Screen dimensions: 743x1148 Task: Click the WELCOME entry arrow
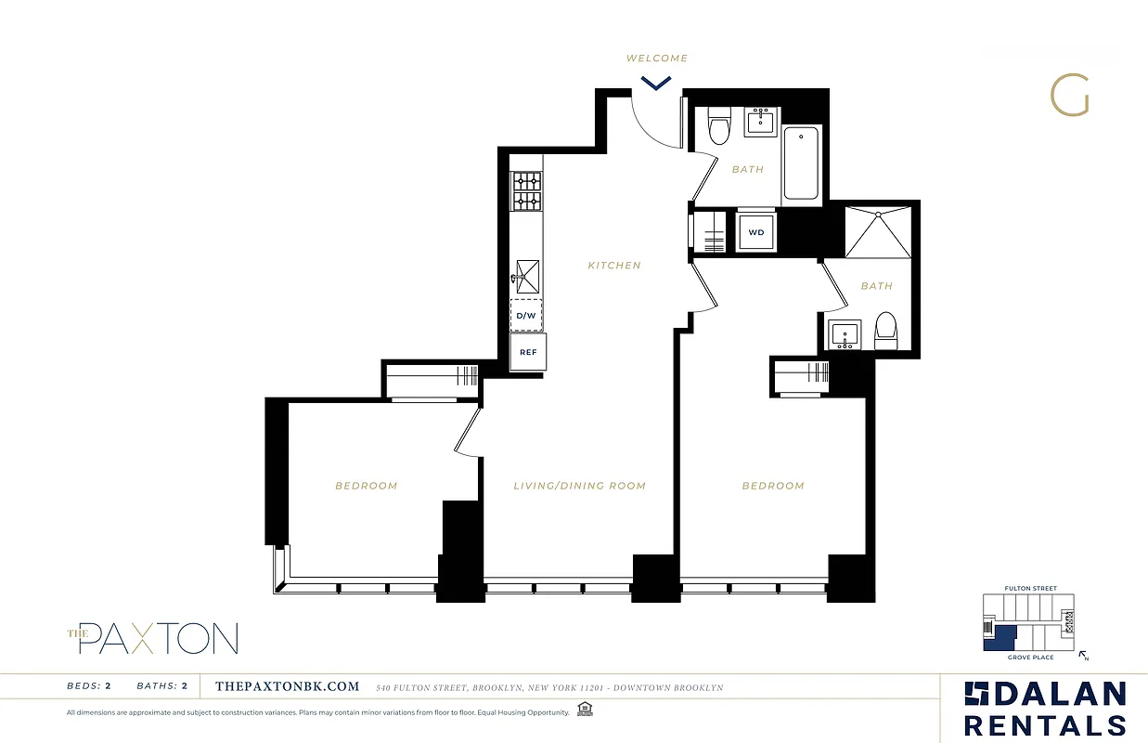point(656,84)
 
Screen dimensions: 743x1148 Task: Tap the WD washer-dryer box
point(756,232)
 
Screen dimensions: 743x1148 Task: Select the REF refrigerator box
point(528,352)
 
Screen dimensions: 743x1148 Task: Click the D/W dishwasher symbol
point(526,316)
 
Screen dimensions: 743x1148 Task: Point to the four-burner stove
point(527,191)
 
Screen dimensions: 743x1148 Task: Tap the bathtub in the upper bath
point(801,164)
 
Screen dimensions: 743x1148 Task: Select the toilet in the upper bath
point(719,127)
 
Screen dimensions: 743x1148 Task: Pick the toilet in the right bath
point(886,331)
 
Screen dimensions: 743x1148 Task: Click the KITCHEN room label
point(614,266)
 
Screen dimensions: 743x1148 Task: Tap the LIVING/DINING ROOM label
point(580,486)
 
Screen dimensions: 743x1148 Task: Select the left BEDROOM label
point(367,486)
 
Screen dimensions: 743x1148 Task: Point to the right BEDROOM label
point(773,486)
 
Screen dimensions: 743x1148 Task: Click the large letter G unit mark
point(1069,96)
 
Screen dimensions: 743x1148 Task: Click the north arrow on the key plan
point(1082,655)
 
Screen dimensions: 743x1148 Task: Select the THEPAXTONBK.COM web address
point(287,687)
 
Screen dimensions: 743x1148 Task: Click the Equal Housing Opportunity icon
point(585,710)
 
